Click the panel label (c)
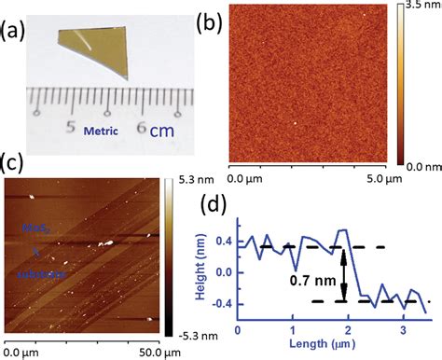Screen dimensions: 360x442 [x=13, y=160]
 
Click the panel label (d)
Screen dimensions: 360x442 [x=214, y=203]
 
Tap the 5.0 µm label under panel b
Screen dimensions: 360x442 [x=363, y=176]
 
